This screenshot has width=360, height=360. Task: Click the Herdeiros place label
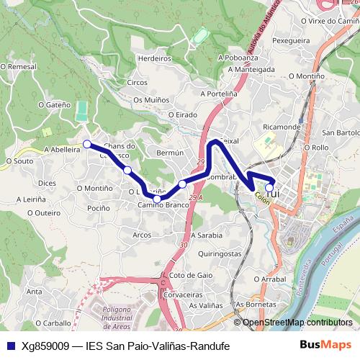153,59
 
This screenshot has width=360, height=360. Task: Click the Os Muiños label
151,100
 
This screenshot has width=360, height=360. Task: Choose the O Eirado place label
181,114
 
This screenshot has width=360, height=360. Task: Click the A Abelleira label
61,149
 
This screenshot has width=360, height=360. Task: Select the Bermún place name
171,153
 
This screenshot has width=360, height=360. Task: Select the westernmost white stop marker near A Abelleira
87,144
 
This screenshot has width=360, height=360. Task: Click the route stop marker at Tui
269,188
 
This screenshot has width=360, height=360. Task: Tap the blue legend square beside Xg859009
10,346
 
